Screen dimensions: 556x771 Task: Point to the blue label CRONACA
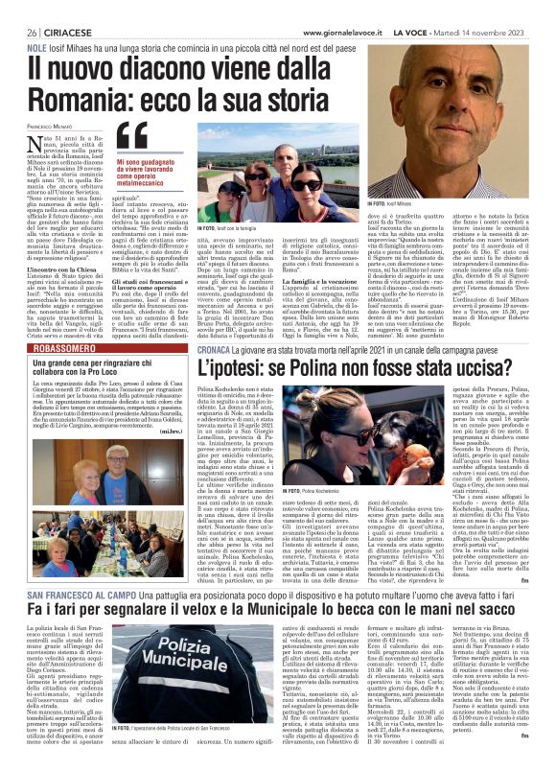tap(216, 323)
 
